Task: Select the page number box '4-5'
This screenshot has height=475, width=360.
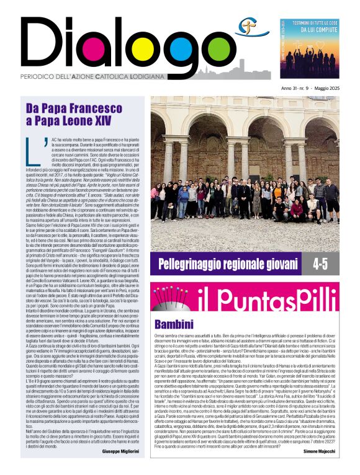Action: click(319, 263)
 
